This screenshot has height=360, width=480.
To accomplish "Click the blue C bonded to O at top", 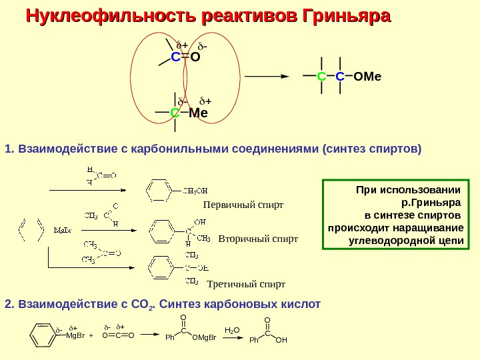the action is (x=175, y=57).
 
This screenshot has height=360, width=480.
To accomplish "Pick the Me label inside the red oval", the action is (x=198, y=113).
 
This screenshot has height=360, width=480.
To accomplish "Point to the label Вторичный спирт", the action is (x=258, y=238).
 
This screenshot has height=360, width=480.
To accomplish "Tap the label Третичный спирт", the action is (x=246, y=284).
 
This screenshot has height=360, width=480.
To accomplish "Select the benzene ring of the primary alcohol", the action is (x=160, y=190).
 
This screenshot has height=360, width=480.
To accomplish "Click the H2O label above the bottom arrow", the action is (x=231, y=330).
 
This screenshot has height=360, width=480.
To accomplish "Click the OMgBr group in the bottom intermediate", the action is (x=204, y=338).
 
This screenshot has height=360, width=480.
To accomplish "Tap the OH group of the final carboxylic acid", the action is (x=281, y=341).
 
